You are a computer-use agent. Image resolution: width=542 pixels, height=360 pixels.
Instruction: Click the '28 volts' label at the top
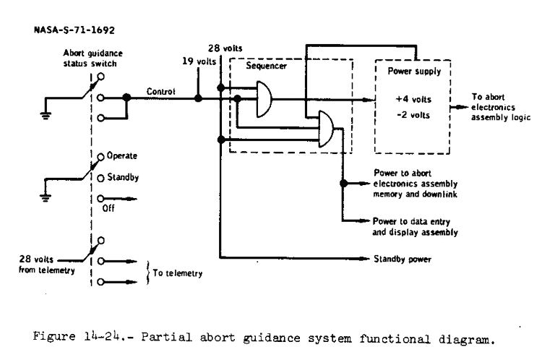[x=223, y=48]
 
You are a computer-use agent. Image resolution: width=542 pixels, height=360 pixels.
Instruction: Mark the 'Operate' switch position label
[x=121, y=155]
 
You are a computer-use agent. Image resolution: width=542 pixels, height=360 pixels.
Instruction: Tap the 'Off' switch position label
[x=109, y=205]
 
